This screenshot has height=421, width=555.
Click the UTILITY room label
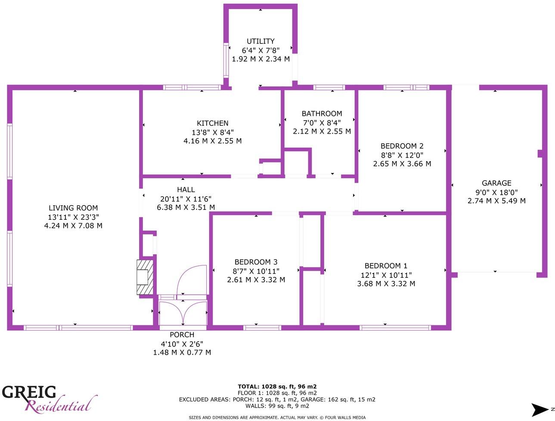260,41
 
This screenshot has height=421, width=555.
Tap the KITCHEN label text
212,123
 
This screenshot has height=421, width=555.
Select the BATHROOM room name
322,114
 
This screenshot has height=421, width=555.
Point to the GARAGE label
496,183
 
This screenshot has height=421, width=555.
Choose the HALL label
186,190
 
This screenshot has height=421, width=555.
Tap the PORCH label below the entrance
182,335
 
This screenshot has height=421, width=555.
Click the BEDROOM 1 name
386,266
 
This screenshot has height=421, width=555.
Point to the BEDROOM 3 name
256,262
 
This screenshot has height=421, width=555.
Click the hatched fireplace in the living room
145,277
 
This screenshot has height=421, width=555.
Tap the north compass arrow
540,409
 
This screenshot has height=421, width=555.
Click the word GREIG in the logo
29,392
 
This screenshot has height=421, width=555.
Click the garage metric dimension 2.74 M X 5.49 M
496,201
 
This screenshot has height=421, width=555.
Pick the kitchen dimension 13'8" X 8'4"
212,132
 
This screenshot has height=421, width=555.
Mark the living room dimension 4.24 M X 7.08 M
73,226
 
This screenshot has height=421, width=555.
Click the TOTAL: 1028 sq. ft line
277,387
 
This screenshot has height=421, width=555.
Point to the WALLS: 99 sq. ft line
277,406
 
